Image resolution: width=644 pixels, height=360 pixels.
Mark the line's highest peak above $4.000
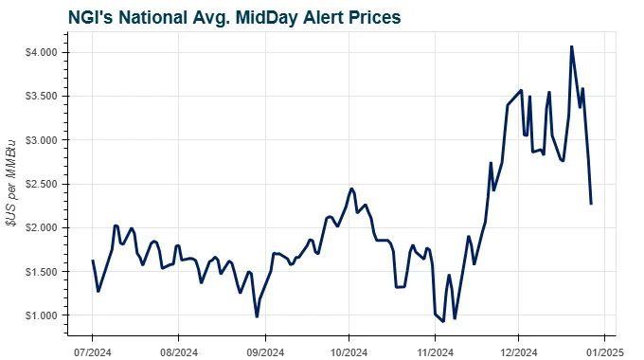(571, 46)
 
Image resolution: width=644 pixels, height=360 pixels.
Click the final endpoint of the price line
(591, 204)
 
